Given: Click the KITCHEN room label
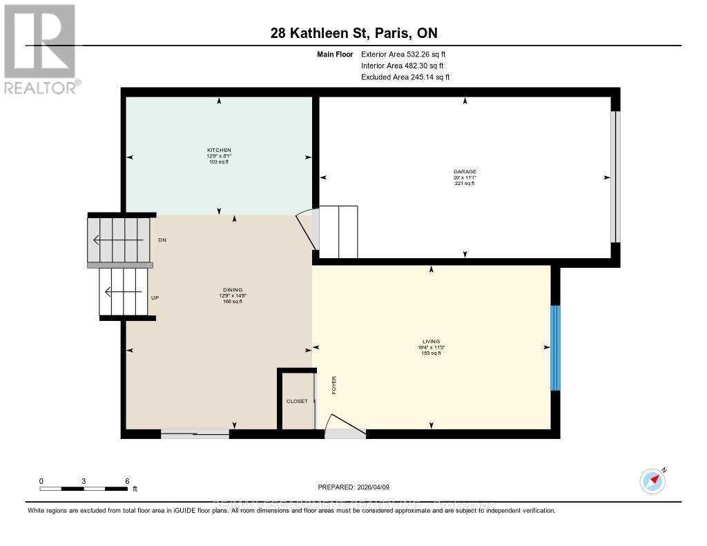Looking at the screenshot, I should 219,150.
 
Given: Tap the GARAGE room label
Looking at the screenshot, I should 465,172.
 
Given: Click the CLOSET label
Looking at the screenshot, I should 297,401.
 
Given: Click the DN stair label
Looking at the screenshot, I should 162,240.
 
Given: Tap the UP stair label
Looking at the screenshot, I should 155,298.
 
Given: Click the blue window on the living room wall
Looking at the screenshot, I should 555,348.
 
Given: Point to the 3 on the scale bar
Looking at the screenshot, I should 84,480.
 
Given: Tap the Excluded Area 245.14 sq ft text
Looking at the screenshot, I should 405,77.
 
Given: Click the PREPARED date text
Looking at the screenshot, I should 353,487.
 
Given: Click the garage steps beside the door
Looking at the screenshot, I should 338,231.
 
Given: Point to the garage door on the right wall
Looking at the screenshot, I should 615,177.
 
